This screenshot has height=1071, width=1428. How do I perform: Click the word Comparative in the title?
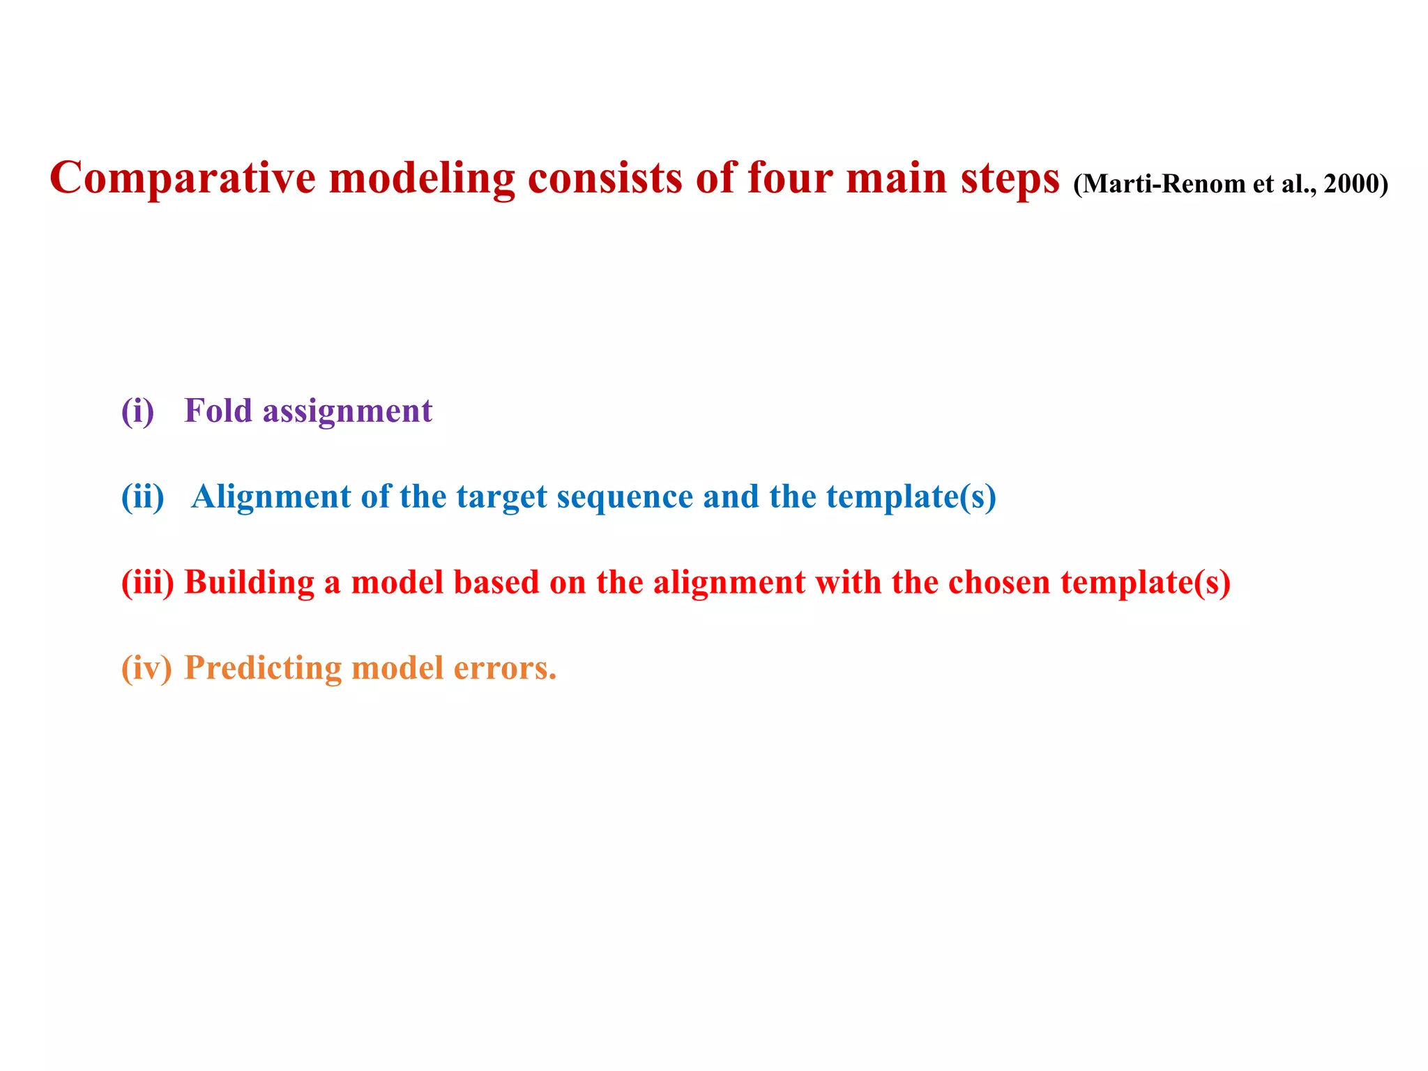click(x=183, y=178)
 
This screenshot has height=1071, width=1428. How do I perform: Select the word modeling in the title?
click(x=422, y=178)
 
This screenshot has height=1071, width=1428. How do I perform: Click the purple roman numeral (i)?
click(x=137, y=411)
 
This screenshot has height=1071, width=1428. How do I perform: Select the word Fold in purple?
click(x=218, y=410)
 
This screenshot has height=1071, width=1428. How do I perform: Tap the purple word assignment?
click(x=347, y=411)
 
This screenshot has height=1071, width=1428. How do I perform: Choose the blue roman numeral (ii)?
click(x=143, y=496)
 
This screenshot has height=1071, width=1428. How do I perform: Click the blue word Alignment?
click(x=271, y=498)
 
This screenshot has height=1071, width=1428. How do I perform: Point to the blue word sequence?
click(x=625, y=497)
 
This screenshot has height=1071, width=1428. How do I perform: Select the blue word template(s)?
click(x=911, y=497)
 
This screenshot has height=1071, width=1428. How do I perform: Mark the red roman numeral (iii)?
click(x=148, y=582)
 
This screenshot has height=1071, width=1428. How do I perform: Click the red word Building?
click(x=249, y=583)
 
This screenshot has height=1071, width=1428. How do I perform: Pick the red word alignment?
click(x=729, y=583)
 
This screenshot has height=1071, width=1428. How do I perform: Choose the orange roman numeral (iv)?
click(x=146, y=668)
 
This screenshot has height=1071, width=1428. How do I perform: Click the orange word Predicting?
click(x=263, y=669)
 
